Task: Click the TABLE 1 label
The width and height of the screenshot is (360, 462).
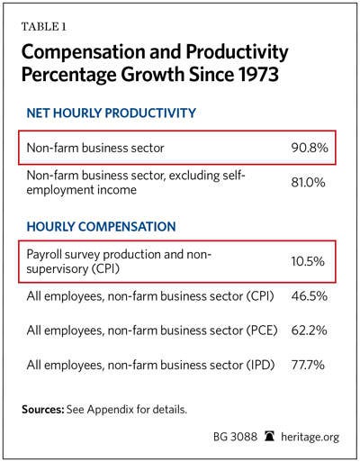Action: [43, 27]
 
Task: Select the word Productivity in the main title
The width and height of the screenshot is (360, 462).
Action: [237, 52]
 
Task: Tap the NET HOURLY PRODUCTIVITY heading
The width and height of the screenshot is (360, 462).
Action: [111, 113]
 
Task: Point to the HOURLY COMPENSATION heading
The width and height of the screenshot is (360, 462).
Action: [101, 226]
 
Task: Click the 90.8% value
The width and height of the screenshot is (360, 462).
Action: [310, 148]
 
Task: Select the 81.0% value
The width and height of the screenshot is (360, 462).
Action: [308, 182]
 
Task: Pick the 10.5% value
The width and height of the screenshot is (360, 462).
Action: [308, 261]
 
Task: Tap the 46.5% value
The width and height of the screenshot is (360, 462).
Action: [309, 296]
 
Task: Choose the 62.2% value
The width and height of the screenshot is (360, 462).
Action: [309, 331]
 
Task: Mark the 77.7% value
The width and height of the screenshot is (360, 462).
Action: [308, 365]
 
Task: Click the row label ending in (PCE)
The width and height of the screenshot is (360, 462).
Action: [152, 331]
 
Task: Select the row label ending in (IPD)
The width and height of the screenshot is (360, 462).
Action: [150, 365]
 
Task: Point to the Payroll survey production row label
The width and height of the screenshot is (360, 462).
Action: [119, 261]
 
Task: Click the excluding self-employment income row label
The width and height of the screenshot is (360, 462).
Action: [136, 182]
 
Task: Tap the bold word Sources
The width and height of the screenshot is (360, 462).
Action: [43, 410]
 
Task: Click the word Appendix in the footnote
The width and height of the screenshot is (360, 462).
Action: [110, 410]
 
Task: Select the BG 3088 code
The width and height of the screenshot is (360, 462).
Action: [235, 437]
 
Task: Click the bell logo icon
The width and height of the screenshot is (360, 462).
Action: [269, 436]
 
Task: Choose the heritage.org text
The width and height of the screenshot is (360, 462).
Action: [310, 437]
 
